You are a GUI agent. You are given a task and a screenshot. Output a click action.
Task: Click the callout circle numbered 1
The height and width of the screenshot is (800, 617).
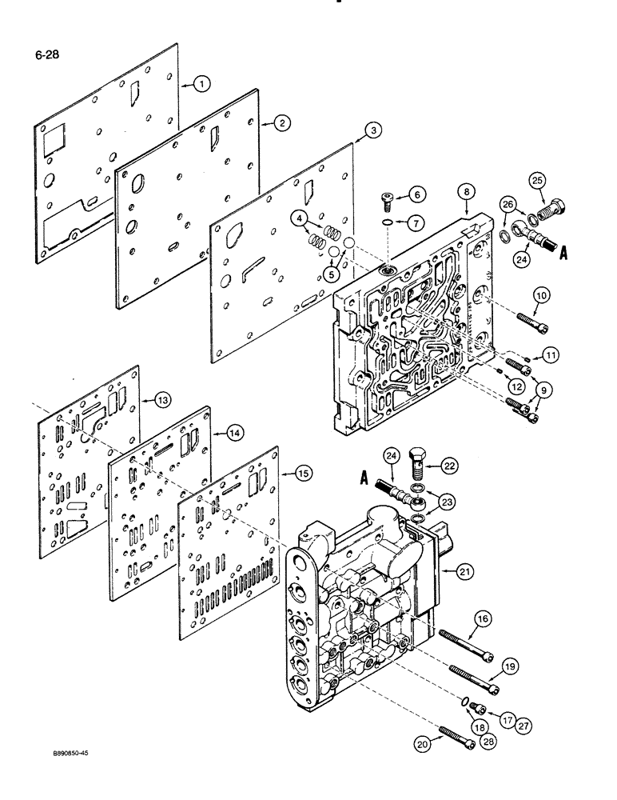(x=202, y=83)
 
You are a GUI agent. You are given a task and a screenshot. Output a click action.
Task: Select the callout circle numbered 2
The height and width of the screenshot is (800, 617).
(x=282, y=122)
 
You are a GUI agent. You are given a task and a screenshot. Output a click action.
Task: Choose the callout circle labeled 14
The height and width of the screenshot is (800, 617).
(x=234, y=432)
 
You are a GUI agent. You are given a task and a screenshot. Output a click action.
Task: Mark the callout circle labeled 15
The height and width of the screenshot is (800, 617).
(x=304, y=474)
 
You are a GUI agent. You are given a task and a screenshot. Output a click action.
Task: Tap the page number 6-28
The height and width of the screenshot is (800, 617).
(x=48, y=55)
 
